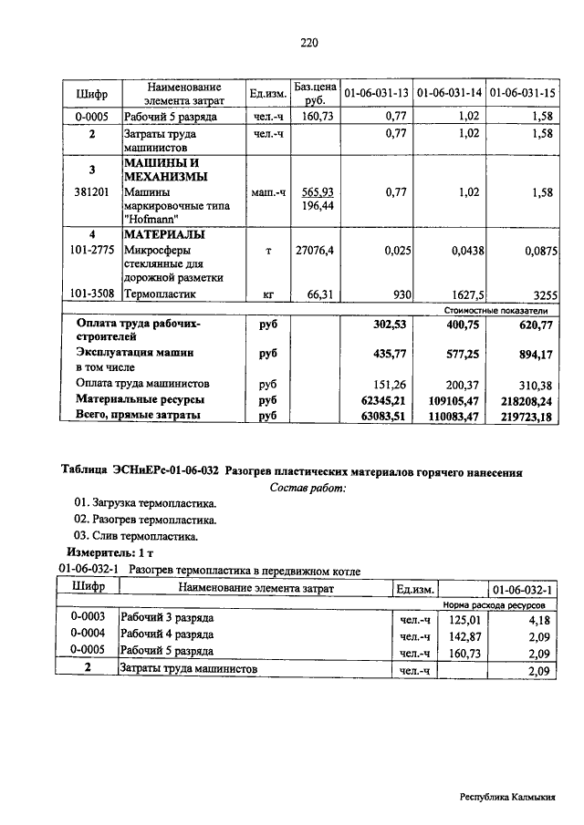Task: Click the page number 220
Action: [308, 42]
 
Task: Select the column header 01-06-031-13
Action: [375, 94]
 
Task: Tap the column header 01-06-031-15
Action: [523, 94]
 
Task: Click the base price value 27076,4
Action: [316, 250]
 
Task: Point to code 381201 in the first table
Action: [91, 192]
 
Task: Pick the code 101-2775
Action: [91, 250]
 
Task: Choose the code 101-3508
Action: [91, 294]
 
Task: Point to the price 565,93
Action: [316, 192]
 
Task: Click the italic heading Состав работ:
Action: [308, 488]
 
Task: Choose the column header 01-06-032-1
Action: [523, 590]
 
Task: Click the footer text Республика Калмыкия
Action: [507, 797]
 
